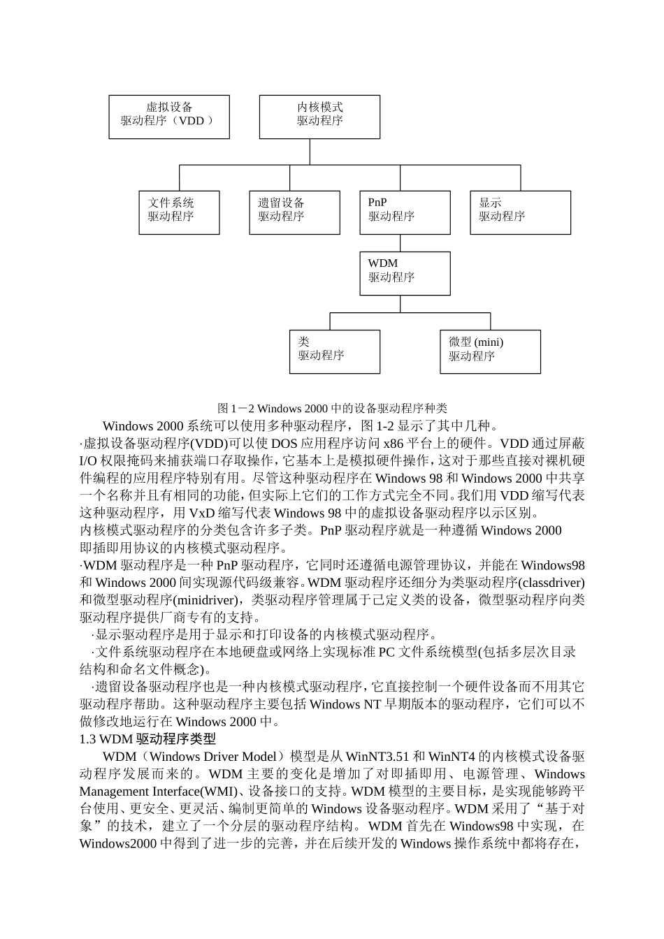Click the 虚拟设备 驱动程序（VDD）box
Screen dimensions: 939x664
tap(169, 117)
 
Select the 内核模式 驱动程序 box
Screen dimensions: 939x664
tap(319, 117)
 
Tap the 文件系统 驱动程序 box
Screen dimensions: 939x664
tap(179, 212)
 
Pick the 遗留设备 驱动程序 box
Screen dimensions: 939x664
tap(294, 212)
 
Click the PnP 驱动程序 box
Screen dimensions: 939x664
tap(405, 212)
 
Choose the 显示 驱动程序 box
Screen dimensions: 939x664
tap(520, 212)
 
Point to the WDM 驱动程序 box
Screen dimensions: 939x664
tap(405, 273)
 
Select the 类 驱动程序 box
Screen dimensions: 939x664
tap(335, 351)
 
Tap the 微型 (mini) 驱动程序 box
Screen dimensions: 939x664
tap(490, 351)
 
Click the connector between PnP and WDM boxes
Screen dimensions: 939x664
tap(400, 243)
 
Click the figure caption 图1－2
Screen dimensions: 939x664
tap(332, 409)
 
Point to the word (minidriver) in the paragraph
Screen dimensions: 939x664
tap(209, 600)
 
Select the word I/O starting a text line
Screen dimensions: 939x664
tap(88, 461)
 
